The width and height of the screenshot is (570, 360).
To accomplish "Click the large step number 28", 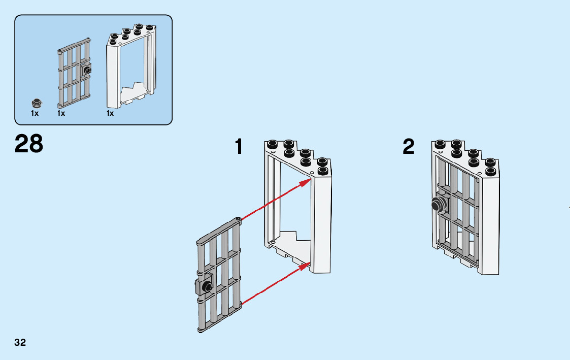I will [x=29, y=144].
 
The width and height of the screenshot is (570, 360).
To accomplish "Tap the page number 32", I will [x=20, y=342].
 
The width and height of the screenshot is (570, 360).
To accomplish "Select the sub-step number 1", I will [x=239, y=147].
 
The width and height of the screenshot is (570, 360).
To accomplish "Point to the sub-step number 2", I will [x=409, y=147].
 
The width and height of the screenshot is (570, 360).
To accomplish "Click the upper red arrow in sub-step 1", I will [x=277, y=199].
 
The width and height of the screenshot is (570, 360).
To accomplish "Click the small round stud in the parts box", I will [x=36, y=102].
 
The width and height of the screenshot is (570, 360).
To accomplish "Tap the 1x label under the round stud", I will [x=35, y=113].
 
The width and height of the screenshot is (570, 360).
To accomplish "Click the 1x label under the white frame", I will [x=110, y=113].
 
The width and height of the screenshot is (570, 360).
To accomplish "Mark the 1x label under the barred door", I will [x=61, y=113].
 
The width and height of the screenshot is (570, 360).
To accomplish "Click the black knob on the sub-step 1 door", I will [x=207, y=287].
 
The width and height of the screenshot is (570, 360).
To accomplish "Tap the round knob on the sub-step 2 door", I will [x=437, y=206].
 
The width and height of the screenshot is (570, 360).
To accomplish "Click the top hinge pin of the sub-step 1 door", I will [x=239, y=220].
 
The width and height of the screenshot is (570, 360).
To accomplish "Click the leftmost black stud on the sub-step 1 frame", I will [x=273, y=143].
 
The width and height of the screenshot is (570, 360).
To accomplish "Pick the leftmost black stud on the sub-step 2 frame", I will [x=439, y=143].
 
